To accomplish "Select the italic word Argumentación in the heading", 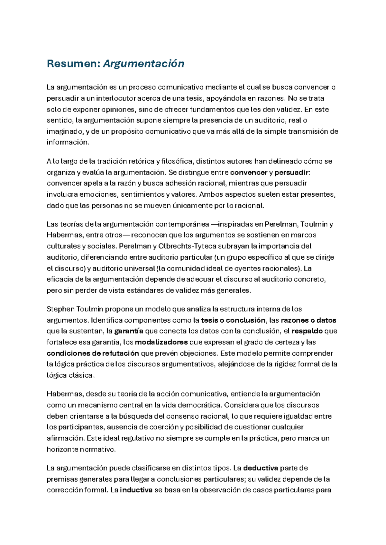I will (x=143, y=64).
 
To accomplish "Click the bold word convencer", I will (x=249, y=172).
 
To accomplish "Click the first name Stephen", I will (x=60, y=309).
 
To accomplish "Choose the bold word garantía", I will (x=129, y=331).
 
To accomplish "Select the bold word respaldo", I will (x=307, y=331).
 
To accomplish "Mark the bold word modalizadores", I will (x=161, y=342).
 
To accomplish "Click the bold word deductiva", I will (x=261, y=468).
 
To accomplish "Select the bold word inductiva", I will (x=136, y=490).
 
